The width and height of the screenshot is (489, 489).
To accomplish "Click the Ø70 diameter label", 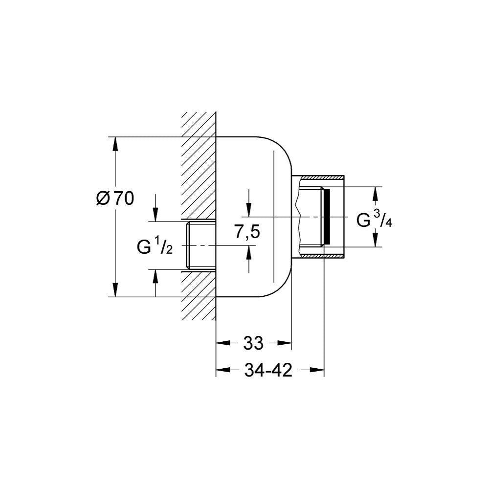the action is [115, 199].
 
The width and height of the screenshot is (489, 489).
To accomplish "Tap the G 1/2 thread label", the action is [155, 245].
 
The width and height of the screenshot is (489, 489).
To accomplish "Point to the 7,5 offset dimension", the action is [247, 232].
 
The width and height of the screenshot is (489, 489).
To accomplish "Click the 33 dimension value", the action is [253, 343].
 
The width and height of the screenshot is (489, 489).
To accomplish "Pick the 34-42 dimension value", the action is [268, 370].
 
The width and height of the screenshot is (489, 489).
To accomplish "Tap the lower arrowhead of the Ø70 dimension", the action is [115, 289].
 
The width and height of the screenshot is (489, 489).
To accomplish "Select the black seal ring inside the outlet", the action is [327, 217].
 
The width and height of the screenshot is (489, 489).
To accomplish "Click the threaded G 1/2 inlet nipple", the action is [201, 245].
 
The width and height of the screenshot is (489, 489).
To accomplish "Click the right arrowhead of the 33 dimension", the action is [284, 343].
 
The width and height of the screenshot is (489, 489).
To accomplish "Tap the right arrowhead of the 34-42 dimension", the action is [317, 370].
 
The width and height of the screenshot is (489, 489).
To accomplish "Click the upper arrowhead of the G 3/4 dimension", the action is [376, 194].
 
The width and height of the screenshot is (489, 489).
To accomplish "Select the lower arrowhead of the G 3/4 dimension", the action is [376, 240].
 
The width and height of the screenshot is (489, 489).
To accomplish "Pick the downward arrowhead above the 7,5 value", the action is [248, 209].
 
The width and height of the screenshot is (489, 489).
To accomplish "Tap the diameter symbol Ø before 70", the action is [103, 199].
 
